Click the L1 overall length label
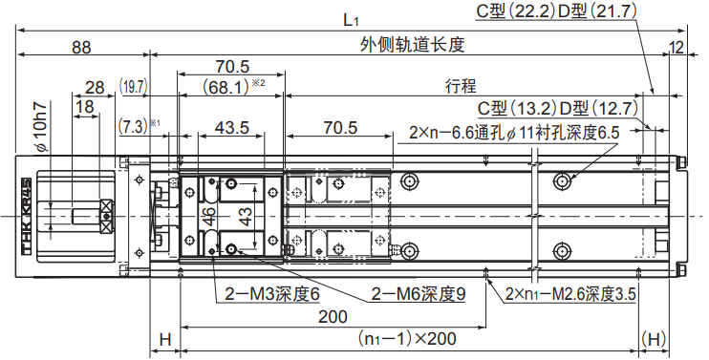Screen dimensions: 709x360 (x=352, y=20)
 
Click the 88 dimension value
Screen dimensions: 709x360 (x=81, y=47)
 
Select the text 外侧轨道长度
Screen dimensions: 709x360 (x=413, y=45)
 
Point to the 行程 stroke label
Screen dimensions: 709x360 (x=461, y=86)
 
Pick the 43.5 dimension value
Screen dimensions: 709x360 (x=232, y=128)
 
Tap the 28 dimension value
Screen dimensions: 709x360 (x=95, y=87)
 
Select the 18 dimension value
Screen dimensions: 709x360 (x=85, y=107)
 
